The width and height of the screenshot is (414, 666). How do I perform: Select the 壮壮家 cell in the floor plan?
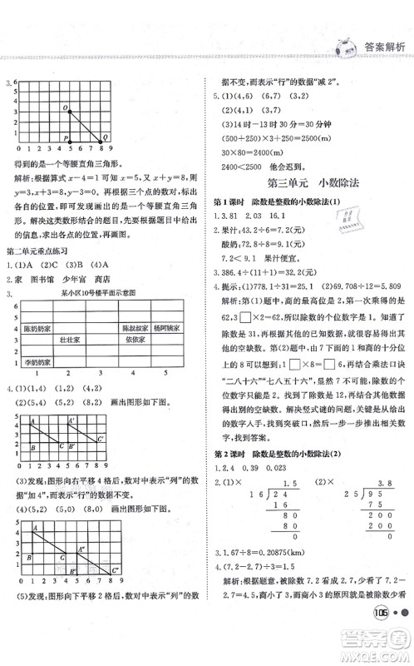tap(69, 340)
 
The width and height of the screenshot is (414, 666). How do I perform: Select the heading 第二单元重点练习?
tap(41, 251)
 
